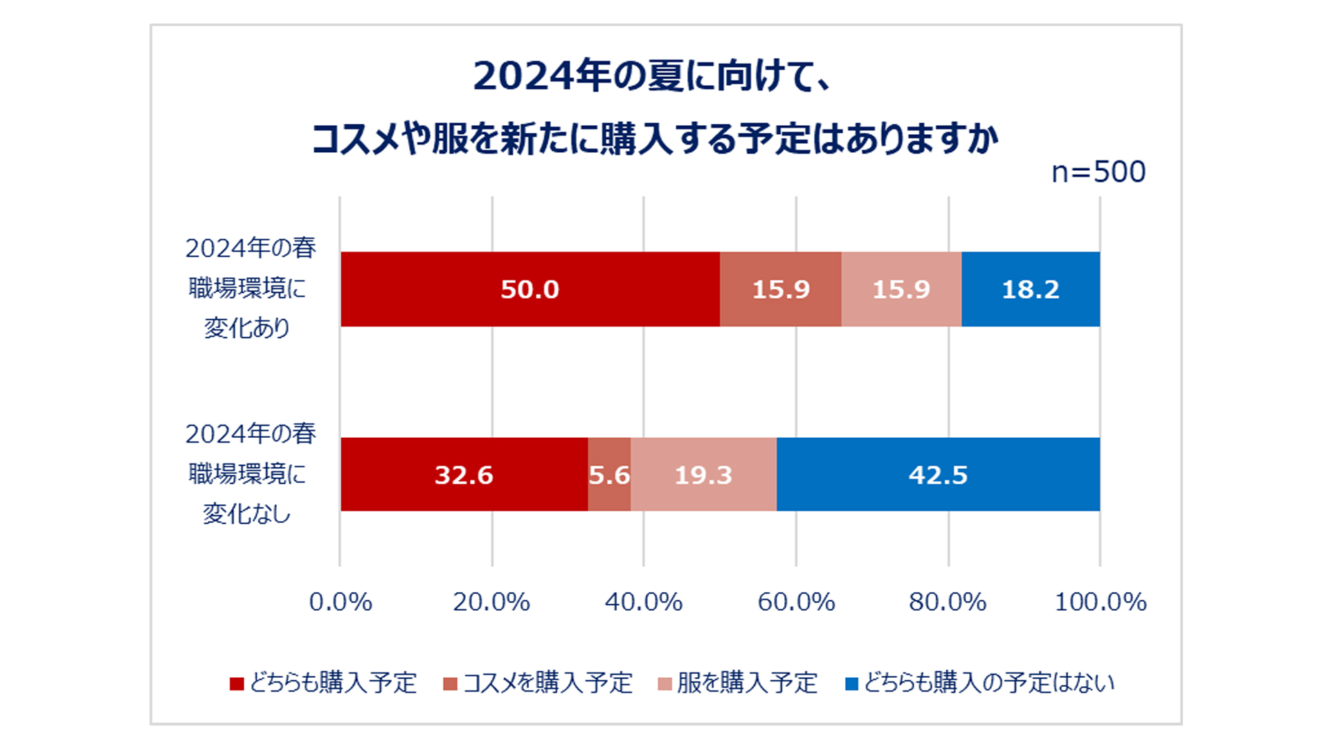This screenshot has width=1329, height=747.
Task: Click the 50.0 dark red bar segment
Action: pyautogui.click(x=530, y=289)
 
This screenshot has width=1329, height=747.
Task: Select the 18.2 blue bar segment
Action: pyautogui.click(x=1030, y=289)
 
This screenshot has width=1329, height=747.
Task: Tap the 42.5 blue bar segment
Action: pyautogui.click(x=938, y=475)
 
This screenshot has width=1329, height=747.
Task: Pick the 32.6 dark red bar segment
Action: pyautogui.click(x=464, y=475)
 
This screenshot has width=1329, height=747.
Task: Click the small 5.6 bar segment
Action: pyautogui.click(x=609, y=475)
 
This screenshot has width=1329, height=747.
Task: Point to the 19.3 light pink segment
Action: pyautogui.click(x=703, y=475)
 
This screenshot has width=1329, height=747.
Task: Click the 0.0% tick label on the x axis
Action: pyautogui.click(x=341, y=602)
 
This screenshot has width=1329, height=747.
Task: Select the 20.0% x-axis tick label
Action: pyautogui.click(x=491, y=602)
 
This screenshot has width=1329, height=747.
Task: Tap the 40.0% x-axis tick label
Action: pyautogui.click(x=644, y=602)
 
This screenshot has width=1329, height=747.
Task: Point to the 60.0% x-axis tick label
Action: pyautogui.click(x=796, y=602)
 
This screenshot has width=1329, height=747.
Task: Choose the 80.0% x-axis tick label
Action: pyautogui.click(x=948, y=602)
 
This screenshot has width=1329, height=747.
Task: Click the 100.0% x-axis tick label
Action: pyautogui.click(x=1100, y=602)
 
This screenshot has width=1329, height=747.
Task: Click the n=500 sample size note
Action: pyautogui.click(x=1099, y=172)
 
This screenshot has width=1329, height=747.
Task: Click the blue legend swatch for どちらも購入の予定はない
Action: pyautogui.click(x=852, y=684)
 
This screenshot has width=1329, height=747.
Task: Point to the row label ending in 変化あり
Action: pyautogui.click(x=249, y=288)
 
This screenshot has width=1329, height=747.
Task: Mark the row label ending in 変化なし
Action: pyautogui.click(x=249, y=474)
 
